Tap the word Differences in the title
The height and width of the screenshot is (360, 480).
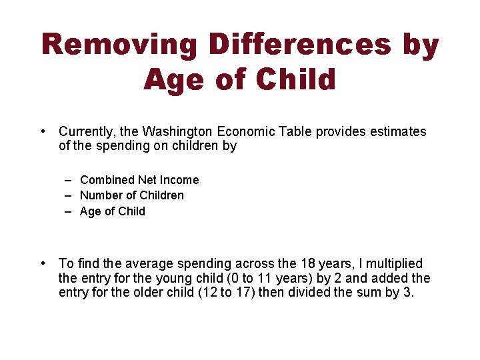(299, 45)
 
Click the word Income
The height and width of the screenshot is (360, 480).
(180, 180)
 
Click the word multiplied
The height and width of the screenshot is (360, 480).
(391, 263)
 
